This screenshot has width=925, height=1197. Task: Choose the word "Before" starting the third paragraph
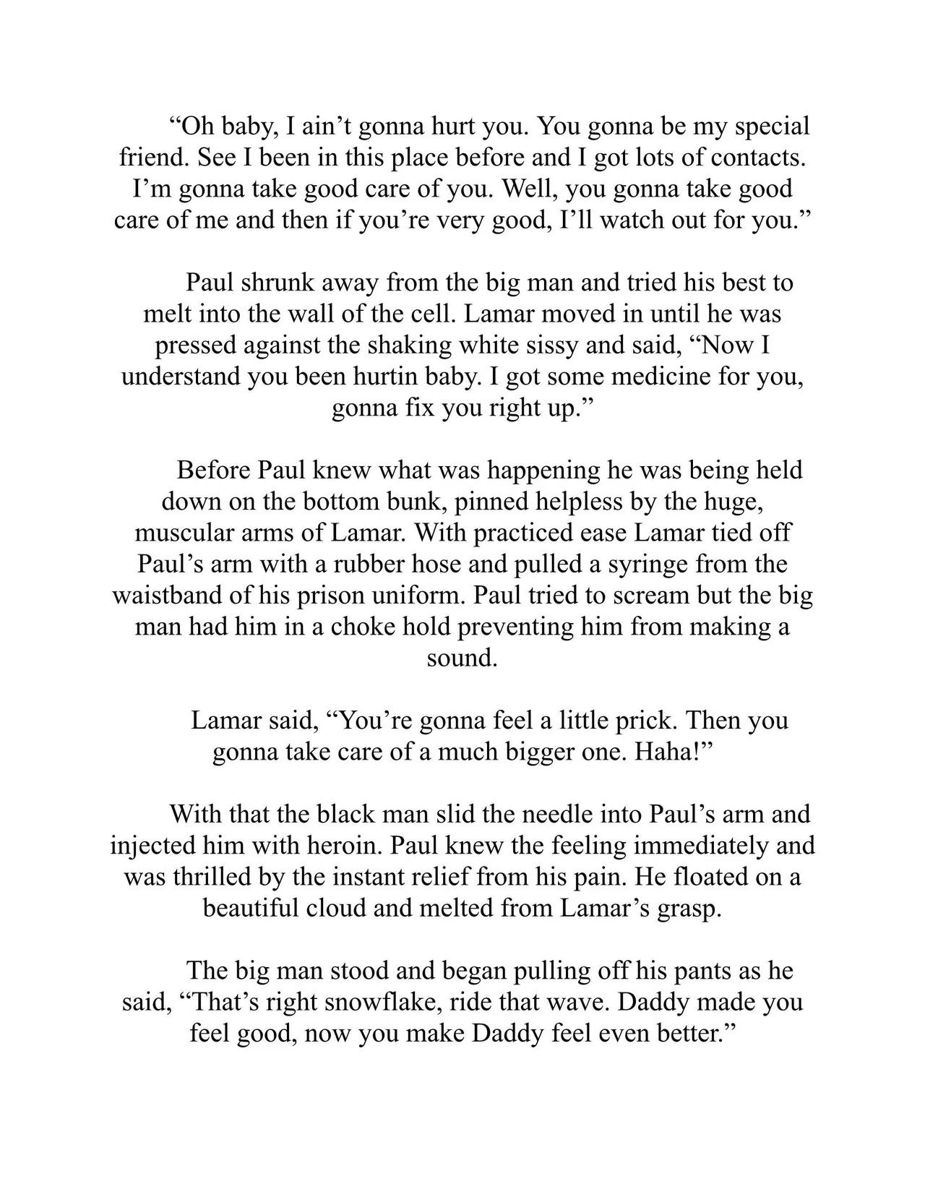pyautogui.click(x=213, y=471)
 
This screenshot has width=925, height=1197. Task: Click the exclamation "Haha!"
pyautogui.click(x=675, y=752)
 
